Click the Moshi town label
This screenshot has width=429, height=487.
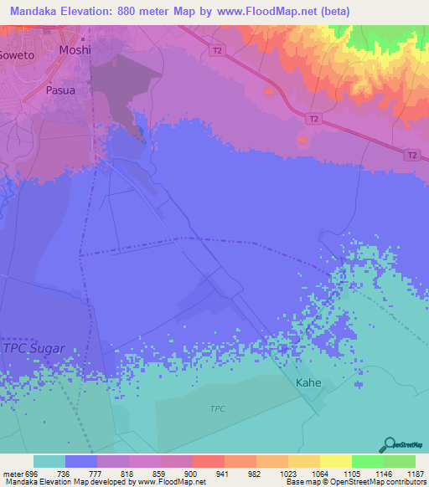point(75,50)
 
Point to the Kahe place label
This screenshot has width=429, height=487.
point(308,382)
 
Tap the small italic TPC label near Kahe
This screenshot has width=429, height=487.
point(217,408)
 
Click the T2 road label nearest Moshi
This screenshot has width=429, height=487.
point(218,51)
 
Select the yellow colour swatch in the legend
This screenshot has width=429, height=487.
point(336,461)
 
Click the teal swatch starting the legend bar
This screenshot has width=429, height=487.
point(49,461)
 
